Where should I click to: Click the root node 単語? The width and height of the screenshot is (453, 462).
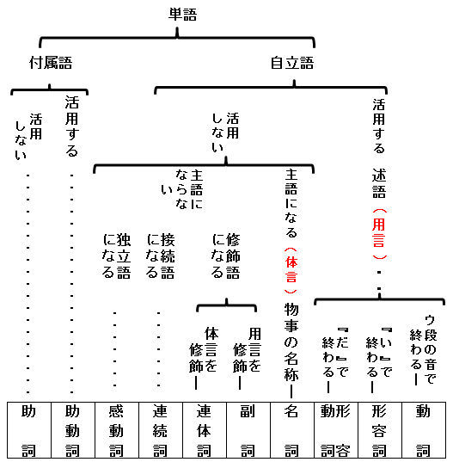[x=182, y=15]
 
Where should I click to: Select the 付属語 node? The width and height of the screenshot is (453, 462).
[x=51, y=63]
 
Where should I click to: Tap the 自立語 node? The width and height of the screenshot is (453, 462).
[x=292, y=63]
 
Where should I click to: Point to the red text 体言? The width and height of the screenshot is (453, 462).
[x=291, y=269]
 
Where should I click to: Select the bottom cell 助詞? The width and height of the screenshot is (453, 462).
[x=29, y=430]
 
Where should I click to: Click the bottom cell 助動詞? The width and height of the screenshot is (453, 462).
[x=73, y=430]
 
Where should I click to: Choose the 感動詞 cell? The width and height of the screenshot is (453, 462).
[x=117, y=430]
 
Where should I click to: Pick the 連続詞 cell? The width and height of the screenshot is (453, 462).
[x=161, y=430]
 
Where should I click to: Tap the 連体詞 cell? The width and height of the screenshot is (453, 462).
[x=205, y=430]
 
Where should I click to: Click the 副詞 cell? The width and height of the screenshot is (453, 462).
[x=248, y=430]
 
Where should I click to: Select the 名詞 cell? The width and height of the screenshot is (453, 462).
[x=292, y=430]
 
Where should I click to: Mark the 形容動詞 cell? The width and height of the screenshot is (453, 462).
[x=336, y=430]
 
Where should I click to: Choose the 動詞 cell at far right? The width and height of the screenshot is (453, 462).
[x=424, y=430]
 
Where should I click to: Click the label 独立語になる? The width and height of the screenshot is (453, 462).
[x=116, y=256]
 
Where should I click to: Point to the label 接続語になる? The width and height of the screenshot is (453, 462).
[x=161, y=256]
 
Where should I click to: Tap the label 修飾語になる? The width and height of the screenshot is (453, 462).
[x=226, y=256]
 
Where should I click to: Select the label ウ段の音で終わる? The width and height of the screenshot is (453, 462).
[x=423, y=349]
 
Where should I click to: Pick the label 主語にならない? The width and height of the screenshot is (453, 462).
[x=182, y=189]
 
